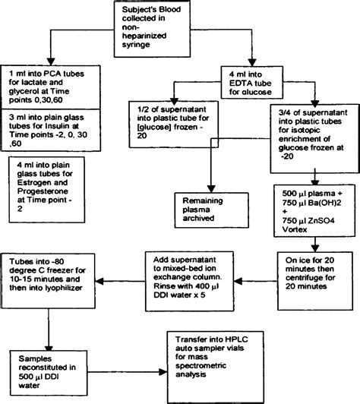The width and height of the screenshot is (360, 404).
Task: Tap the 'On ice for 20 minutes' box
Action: (312, 273)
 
